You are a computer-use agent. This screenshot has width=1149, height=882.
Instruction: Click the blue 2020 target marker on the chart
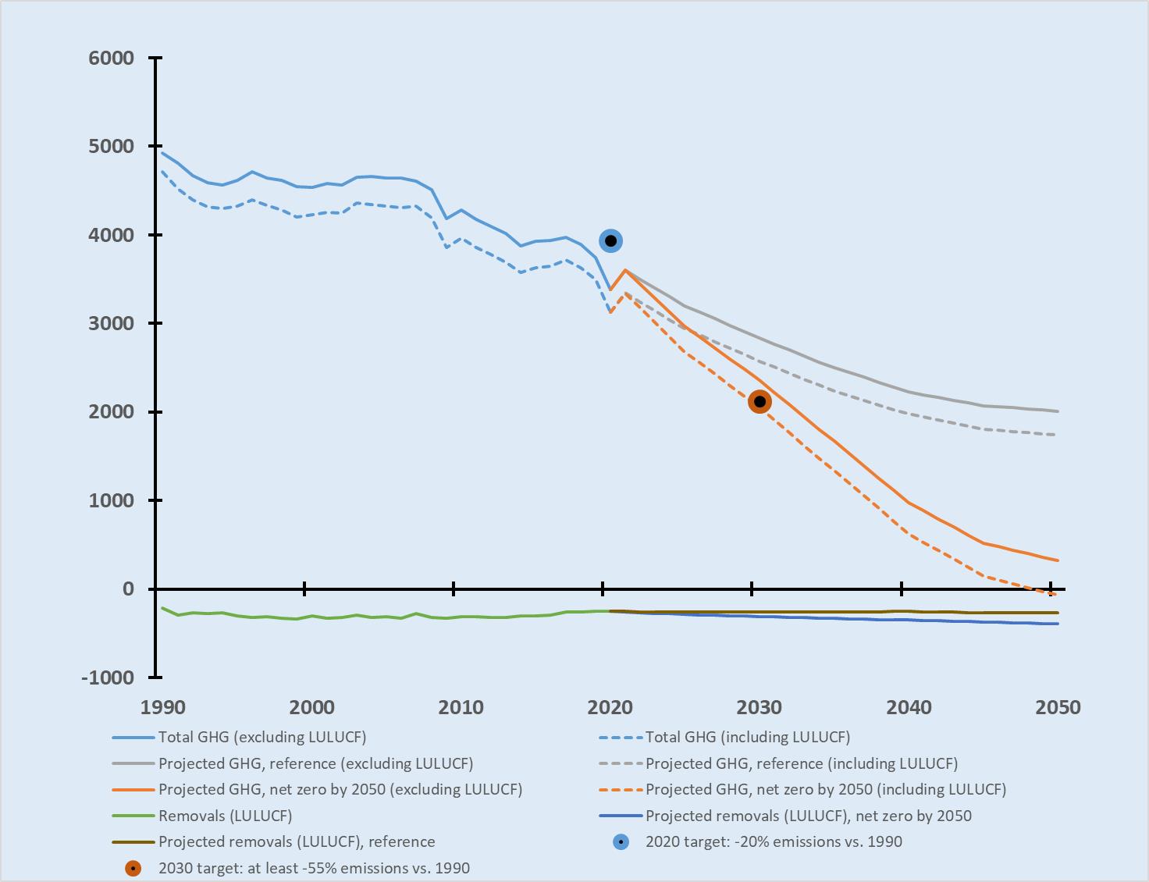(611, 240)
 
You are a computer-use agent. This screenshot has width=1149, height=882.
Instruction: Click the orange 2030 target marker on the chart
(759, 402)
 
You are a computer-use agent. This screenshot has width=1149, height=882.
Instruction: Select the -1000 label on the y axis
(108, 678)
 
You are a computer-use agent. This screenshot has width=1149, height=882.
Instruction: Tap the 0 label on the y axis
(128, 589)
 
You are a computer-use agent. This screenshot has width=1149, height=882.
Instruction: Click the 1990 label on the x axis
(163, 708)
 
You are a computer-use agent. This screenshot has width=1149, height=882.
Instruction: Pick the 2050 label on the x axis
(1058, 708)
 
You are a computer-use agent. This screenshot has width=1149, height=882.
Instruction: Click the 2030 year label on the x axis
(759, 708)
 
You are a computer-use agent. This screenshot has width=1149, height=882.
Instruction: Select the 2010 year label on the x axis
(461, 708)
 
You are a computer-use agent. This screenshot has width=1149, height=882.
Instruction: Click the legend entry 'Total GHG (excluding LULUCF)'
(262, 737)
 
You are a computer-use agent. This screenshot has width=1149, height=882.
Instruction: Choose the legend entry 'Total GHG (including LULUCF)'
(747, 737)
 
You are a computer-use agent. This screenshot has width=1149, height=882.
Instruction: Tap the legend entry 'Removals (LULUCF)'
(225, 816)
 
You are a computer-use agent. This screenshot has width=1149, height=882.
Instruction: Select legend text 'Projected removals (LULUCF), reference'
(297, 841)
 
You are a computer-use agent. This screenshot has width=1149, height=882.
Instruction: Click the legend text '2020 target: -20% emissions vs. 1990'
(774, 841)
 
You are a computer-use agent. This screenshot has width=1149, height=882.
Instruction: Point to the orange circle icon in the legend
(134, 868)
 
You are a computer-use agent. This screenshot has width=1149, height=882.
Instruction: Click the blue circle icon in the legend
(621, 842)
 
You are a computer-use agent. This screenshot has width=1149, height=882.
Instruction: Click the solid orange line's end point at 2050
(1058, 560)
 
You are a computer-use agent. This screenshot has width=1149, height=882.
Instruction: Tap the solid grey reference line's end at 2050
(1058, 411)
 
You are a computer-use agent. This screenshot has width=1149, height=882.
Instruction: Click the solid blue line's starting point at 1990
(162, 153)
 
